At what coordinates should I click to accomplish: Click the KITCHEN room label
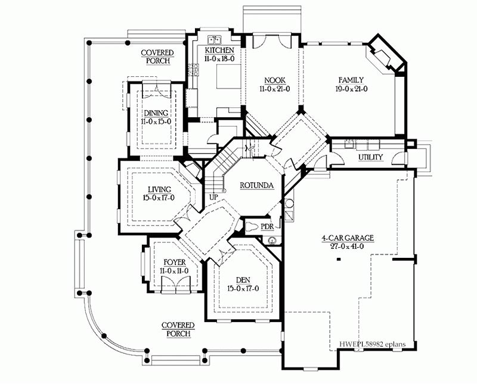[219, 51]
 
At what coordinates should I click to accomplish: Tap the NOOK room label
[275, 80]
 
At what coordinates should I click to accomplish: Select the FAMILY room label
[351, 80]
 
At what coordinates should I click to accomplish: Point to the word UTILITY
[370, 157]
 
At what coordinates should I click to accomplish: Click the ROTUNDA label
[257, 185]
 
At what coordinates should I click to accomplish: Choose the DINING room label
[156, 114]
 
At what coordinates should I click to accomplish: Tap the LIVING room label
[159, 190]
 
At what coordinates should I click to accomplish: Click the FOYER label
[174, 263]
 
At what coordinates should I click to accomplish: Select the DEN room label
[243, 280]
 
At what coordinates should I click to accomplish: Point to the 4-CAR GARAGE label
[348, 238]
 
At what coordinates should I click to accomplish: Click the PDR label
[267, 227]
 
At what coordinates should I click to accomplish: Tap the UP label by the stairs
[213, 197]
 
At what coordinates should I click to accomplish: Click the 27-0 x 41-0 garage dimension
[347, 246]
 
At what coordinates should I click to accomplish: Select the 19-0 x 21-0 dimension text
[351, 89]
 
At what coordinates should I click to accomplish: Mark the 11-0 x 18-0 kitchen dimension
[219, 58]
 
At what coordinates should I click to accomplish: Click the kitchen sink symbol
[215, 39]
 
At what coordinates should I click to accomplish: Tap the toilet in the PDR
[252, 227]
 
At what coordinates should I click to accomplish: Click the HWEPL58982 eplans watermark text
[372, 344]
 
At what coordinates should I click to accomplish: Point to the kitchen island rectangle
[228, 77]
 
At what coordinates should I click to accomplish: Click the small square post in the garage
[338, 260]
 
